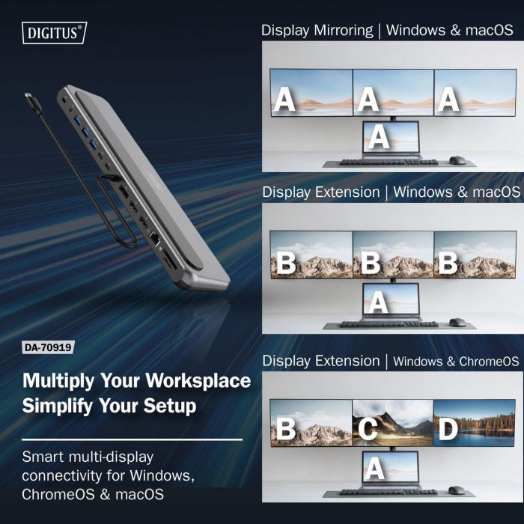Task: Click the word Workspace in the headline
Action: pyautogui.click(x=198, y=380)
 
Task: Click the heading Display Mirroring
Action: pyautogui.click(x=317, y=31)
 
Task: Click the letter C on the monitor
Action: pyautogui.click(x=368, y=430)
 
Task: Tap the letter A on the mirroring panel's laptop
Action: pyautogui.click(x=380, y=136)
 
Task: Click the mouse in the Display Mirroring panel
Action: pyautogui.click(x=457, y=160)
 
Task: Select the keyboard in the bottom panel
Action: pyautogui.click(x=389, y=492)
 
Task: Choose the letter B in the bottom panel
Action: pyautogui.click(x=285, y=430)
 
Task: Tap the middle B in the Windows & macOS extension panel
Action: pyautogui.click(x=368, y=263)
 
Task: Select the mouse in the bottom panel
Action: pyautogui.click(x=457, y=490)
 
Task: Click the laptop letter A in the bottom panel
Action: pyautogui.click(x=376, y=469)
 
